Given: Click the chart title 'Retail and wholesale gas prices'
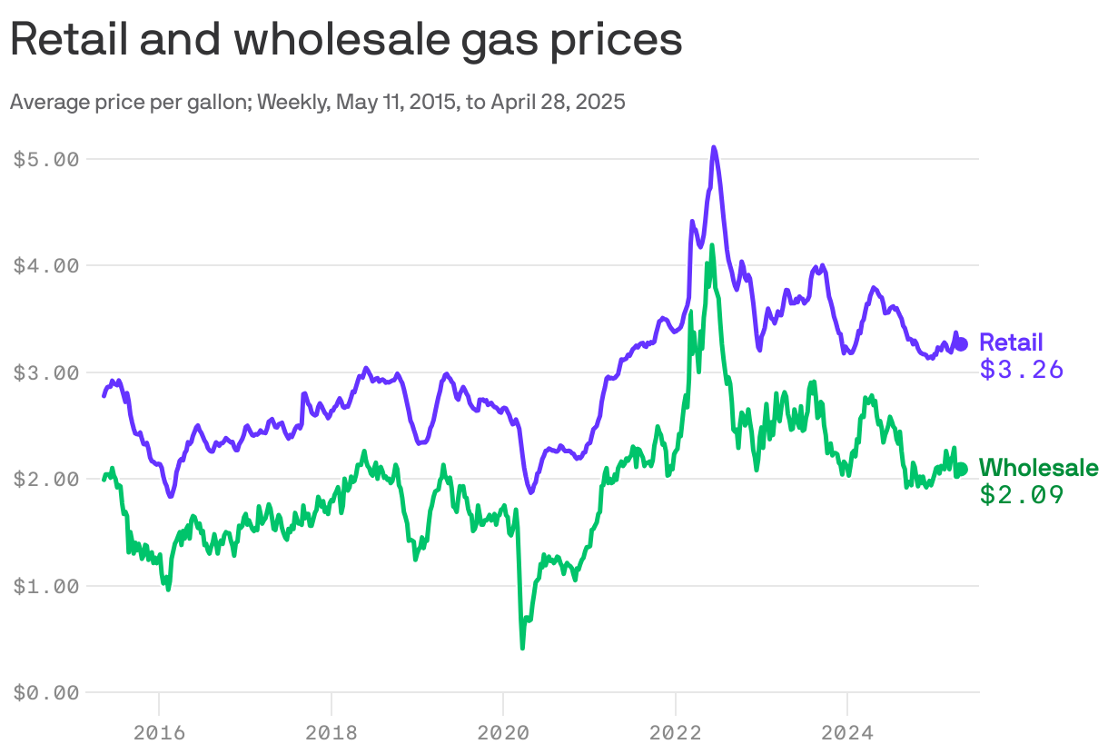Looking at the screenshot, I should click(x=345, y=41).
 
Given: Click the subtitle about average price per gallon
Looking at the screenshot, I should click(x=317, y=102).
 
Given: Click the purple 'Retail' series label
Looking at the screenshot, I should click(x=1011, y=342).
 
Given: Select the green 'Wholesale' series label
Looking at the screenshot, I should click(x=1039, y=468).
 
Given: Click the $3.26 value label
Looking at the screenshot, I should click(x=1021, y=370).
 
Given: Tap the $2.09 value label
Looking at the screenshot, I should click(x=1021, y=495).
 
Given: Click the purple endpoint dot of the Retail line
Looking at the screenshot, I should click(x=962, y=343).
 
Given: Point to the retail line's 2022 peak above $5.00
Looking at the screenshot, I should click(x=714, y=147).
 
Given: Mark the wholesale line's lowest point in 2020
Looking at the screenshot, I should click(x=522, y=647).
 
